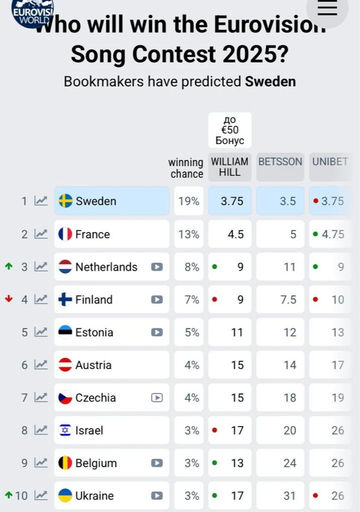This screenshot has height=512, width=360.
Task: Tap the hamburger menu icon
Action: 327,8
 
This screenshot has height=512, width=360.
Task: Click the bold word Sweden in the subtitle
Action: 270,81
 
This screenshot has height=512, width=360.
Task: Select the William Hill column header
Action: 229,167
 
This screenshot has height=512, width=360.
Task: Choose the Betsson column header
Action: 280,162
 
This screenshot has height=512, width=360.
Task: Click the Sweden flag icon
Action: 65,201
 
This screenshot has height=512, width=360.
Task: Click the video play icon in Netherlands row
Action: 157,267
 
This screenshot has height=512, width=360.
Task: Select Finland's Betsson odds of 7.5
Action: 288,300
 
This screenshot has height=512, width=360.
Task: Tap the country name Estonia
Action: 94,332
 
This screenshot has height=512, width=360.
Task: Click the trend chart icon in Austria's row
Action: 41,365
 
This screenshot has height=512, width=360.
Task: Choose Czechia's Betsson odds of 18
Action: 290,398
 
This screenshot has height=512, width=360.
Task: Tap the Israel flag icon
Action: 65,431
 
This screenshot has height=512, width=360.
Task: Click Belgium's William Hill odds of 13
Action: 237,463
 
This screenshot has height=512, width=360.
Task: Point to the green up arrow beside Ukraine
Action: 8,495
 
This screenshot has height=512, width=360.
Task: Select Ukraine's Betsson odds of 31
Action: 290,496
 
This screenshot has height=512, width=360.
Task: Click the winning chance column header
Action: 186,168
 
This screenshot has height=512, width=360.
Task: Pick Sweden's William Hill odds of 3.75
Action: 232,201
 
